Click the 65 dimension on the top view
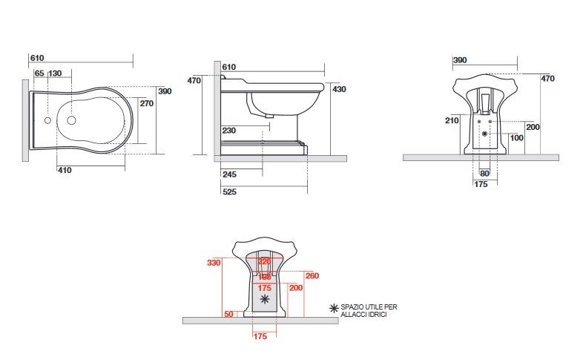(39, 73)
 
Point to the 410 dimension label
(65, 170)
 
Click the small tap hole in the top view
(47, 120)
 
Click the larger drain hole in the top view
(72, 120)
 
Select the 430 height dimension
(338, 89)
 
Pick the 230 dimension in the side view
(228, 131)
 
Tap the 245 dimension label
(228, 175)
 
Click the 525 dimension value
(229, 192)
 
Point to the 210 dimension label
(452, 120)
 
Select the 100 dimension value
(516, 138)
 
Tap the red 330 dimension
(214, 263)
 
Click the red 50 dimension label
(228, 315)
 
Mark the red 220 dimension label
(263, 261)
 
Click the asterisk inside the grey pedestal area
(266, 300)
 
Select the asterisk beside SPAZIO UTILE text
(335, 307)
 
